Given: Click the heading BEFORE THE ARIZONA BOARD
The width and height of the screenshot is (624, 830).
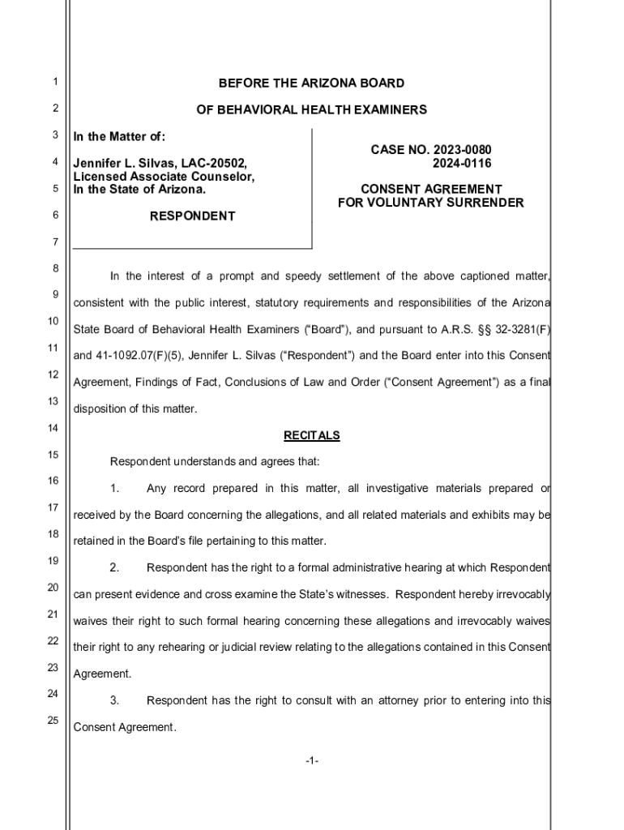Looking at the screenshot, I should click(311, 83).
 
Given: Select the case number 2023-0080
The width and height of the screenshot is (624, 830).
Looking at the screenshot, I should click(463, 150).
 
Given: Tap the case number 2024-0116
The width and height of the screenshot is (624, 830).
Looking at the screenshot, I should click(463, 163).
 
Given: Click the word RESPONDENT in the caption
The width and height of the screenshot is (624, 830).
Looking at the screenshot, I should click(193, 216).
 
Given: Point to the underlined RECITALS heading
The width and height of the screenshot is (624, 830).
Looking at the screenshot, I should click(311, 435).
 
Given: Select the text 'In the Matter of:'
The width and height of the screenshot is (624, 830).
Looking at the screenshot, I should click(119, 136).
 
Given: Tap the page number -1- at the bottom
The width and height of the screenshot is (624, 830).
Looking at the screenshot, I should click(312, 761).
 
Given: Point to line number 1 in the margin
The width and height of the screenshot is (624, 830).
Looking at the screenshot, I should click(53, 82).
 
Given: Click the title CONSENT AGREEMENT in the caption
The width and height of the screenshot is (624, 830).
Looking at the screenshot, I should click(431, 190).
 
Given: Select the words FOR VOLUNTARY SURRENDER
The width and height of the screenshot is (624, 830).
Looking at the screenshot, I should click(431, 203).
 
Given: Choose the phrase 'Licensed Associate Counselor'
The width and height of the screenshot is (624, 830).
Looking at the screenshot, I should click(165, 177).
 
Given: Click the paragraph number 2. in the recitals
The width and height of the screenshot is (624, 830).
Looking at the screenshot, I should click(115, 567).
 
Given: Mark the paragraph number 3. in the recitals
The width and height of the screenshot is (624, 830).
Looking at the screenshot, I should click(115, 700).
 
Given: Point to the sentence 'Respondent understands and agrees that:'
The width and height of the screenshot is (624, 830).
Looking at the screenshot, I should click(215, 462).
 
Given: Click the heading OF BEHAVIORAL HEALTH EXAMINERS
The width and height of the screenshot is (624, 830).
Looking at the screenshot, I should click(311, 109).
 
